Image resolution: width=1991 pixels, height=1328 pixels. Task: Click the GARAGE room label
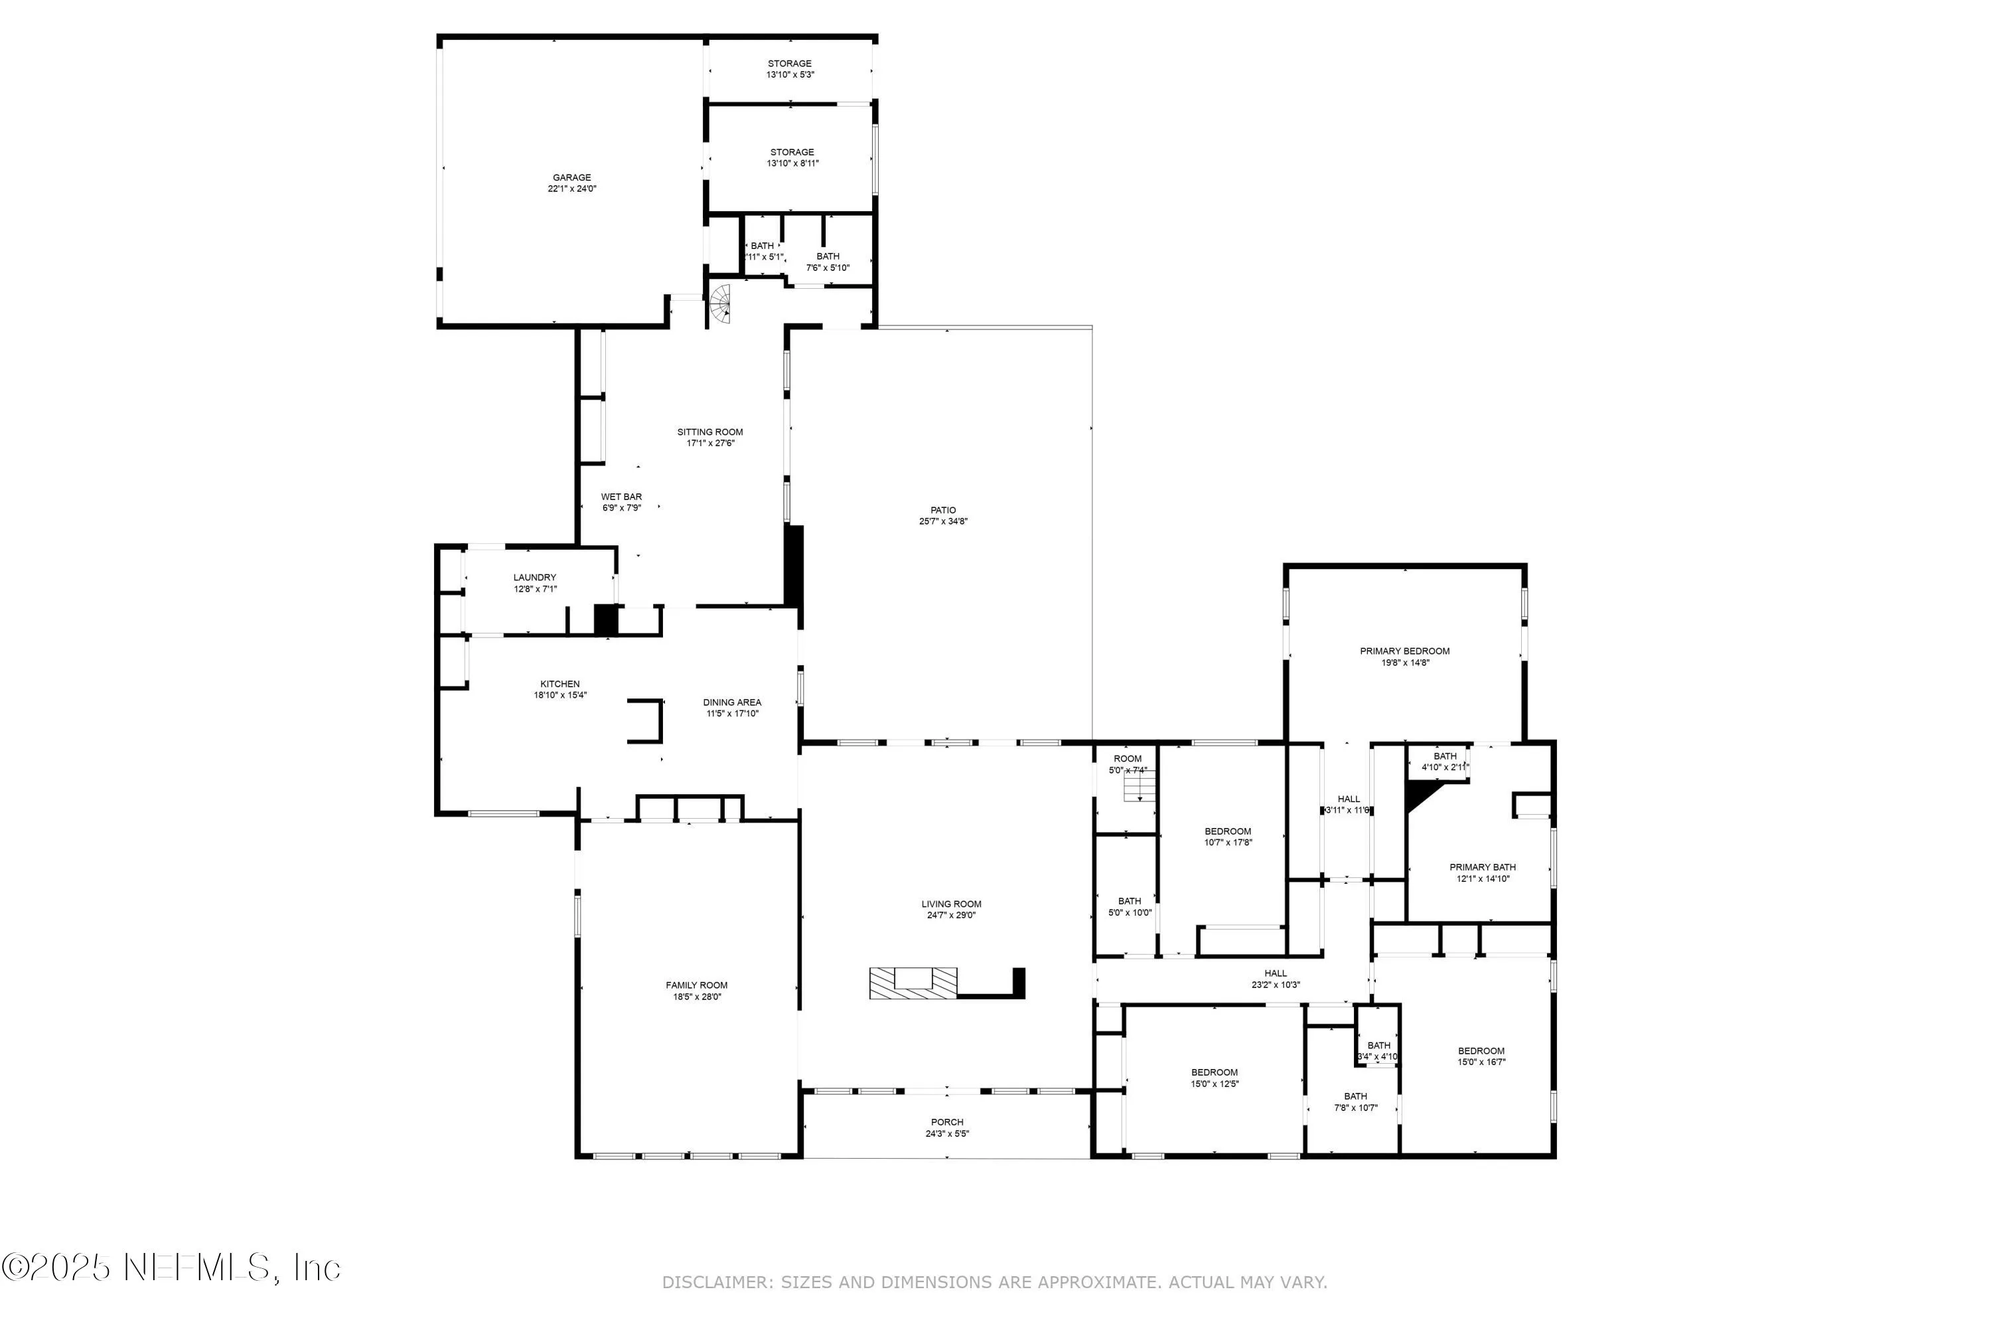tap(571, 178)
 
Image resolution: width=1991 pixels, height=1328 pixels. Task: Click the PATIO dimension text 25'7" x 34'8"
tap(943, 522)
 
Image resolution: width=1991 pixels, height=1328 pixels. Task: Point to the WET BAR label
tap(621, 497)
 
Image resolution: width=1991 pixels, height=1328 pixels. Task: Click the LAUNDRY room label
tap(534, 578)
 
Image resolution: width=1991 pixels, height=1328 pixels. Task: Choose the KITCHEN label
tap(559, 685)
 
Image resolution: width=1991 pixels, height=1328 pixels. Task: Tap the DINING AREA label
tap(731, 702)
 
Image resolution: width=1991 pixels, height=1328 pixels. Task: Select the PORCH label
tap(946, 1122)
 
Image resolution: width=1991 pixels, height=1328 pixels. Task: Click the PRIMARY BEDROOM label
tap(1404, 651)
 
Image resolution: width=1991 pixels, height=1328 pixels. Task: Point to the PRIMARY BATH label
tap(1482, 867)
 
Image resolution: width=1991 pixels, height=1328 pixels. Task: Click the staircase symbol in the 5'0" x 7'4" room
tap(1140, 790)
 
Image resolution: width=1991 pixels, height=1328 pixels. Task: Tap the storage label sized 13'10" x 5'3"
tap(789, 64)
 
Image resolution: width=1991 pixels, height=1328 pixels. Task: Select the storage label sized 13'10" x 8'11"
tap(792, 153)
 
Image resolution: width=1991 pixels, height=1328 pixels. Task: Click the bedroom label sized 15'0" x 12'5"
tap(1214, 1072)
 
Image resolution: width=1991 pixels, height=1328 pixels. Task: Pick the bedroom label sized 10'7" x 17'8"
tap(1227, 832)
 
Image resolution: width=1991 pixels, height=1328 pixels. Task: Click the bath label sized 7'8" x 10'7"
tap(1355, 1096)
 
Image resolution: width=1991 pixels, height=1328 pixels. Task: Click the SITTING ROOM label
tap(709, 432)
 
